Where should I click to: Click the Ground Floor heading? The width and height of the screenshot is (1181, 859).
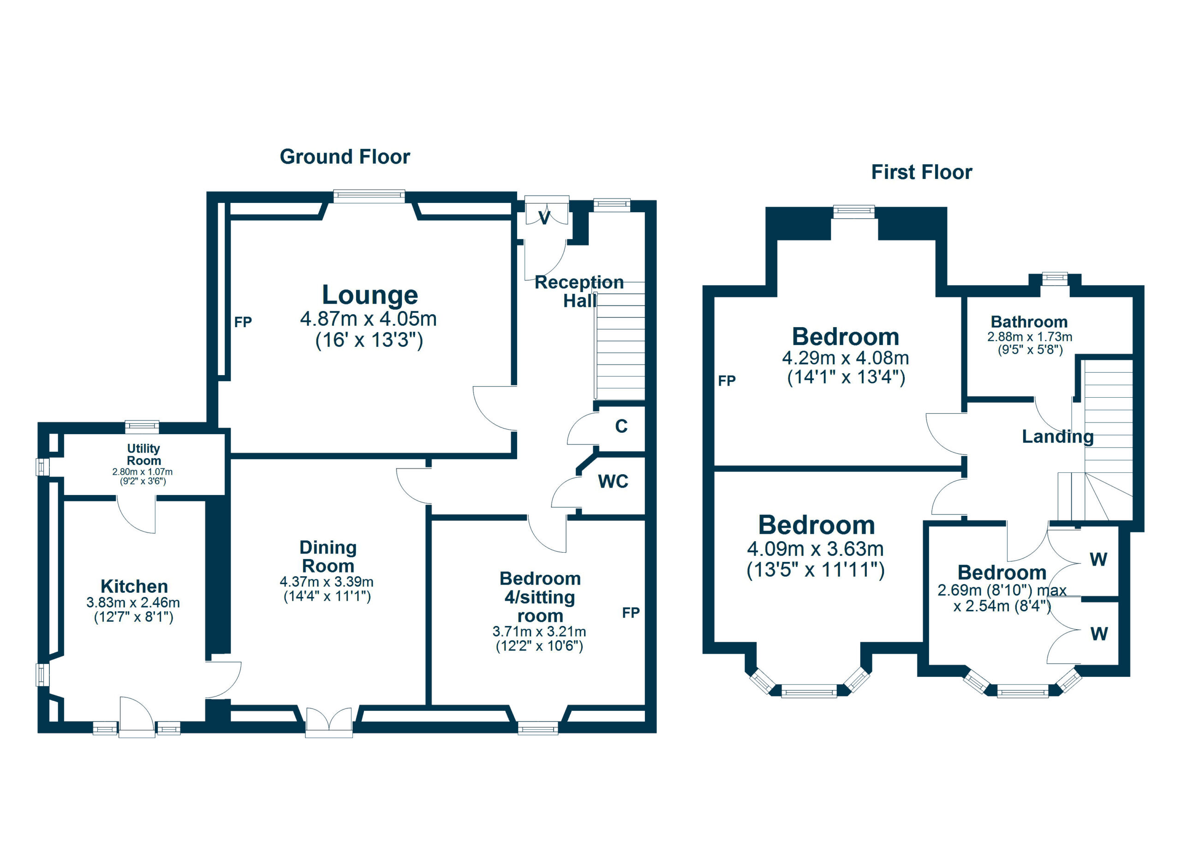point(345,157)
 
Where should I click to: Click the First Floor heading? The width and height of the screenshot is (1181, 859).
point(921,173)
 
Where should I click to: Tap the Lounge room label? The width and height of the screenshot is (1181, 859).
point(370,295)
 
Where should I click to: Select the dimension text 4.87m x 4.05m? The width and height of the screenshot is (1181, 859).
point(368,319)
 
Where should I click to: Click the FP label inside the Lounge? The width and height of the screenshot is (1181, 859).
point(243,322)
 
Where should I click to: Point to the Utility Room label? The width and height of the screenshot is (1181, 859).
point(144,454)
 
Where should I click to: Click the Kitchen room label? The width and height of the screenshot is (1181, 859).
point(134,586)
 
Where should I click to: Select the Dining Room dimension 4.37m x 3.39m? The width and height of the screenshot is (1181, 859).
point(327,582)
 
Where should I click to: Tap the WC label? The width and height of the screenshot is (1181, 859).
point(613,482)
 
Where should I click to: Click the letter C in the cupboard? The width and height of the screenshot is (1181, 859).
point(621,426)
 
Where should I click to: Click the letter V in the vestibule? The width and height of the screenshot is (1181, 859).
point(544,219)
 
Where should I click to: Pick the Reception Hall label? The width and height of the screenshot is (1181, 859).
point(579,291)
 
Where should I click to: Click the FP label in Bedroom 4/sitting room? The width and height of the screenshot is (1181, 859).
point(631,613)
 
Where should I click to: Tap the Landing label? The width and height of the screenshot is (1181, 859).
point(1057,436)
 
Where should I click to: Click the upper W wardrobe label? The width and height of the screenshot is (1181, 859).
point(1098,560)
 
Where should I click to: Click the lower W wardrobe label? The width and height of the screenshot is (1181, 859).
point(1099,634)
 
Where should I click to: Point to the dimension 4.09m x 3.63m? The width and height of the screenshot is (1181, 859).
point(815,549)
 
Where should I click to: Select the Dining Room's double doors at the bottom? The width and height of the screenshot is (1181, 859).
point(329,722)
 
